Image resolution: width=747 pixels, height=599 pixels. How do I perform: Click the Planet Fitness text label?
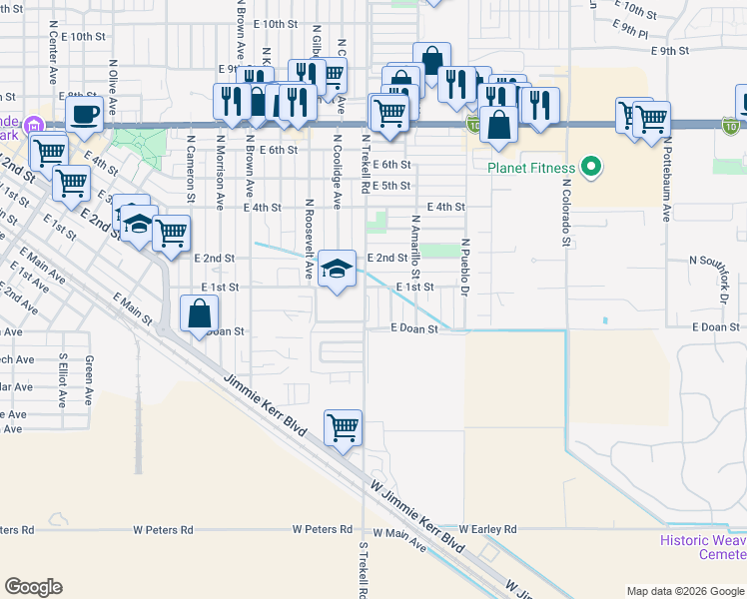pyautogui.click(x=530, y=168)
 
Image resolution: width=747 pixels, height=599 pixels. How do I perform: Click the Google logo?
pyautogui.click(x=33, y=587)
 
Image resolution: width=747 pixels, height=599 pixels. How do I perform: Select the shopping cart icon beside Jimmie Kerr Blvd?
pyautogui.click(x=343, y=427)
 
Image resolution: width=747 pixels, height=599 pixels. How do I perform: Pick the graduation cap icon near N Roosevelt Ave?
pyautogui.click(x=338, y=268)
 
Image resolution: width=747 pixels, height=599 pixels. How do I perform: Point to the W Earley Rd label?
pyautogui.click(x=487, y=529)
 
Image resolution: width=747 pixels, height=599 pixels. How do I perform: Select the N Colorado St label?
pyautogui.click(x=565, y=211)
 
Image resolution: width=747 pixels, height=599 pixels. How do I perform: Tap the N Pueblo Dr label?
pyautogui.click(x=465, y=267)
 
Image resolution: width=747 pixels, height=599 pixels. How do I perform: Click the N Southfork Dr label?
pyautogui.click(x=717, y=260)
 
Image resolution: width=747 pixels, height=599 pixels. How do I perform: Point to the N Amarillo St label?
pyautogui.click(x=415, y=246)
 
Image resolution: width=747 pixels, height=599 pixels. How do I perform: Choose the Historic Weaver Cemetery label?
pyautogui.click(x=703, y=547)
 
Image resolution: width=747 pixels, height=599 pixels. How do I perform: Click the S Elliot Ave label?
pyautogui.click(x=62, y=380)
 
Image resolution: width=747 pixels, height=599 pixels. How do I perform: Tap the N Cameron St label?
pyautogui.click(x=190, y=172)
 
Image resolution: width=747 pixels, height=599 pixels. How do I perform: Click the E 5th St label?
pyautogui.click(x=390, y=186)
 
